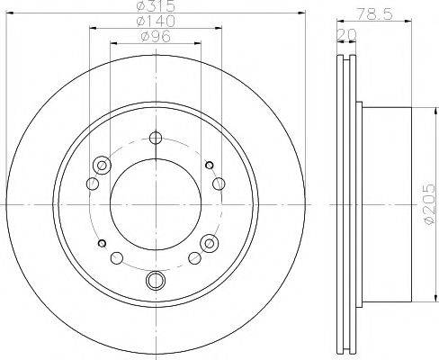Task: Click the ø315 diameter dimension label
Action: pyautogui.click(x=155, y=5)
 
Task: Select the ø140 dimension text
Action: pyautogui.click(x=155, y=22)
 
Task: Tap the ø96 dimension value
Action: pyautogui.click(x=155, y=37)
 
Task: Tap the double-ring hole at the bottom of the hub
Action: pyautogui.click(x=155, y=279)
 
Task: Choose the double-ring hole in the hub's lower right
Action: pyautogui.click(x=211, y=243)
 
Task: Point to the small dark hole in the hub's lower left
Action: pyautogui.click(x=102, y=244)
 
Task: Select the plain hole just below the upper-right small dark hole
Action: pyautogui.click(x=217, y=184)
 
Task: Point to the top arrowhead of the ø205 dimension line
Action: pyautogui.click(x=415, y=109)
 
